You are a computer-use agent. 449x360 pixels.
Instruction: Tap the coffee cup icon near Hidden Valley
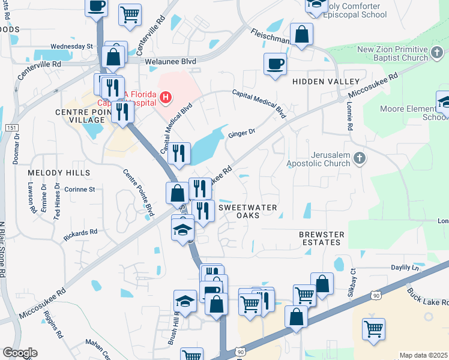click(275, 64)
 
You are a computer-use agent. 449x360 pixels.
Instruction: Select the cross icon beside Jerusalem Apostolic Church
click(359, 158)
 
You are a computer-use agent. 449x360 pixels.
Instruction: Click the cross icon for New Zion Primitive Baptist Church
click(437, 55)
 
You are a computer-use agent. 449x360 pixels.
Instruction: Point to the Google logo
click(20, 353)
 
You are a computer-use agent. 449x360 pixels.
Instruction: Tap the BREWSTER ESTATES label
click(322, 238)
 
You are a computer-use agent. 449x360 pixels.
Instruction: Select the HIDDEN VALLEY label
click(326, 81)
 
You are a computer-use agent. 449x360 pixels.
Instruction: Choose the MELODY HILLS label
click(59, 173)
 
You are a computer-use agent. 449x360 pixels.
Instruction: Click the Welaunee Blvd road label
click(171, 61)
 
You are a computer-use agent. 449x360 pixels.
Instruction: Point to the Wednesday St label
click(72, 46)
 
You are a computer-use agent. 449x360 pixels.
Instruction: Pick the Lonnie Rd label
click(349, 116)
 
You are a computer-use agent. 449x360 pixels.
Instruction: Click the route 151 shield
click(11, 128)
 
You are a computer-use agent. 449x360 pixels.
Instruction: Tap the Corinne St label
click(80, 190)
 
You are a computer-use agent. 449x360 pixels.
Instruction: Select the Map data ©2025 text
click(423, 355)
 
